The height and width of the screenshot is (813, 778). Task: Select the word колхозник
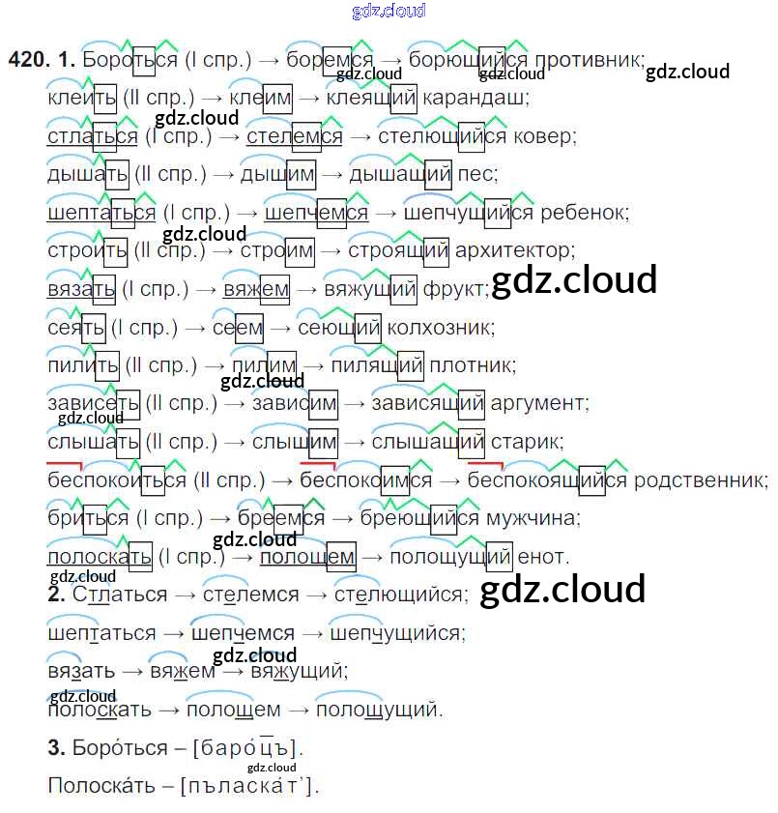pos(440,328)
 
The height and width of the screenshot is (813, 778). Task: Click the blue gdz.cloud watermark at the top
pos(389,12)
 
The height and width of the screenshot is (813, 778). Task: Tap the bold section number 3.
pos(55,748)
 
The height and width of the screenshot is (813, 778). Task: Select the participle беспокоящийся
pos(547,479)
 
